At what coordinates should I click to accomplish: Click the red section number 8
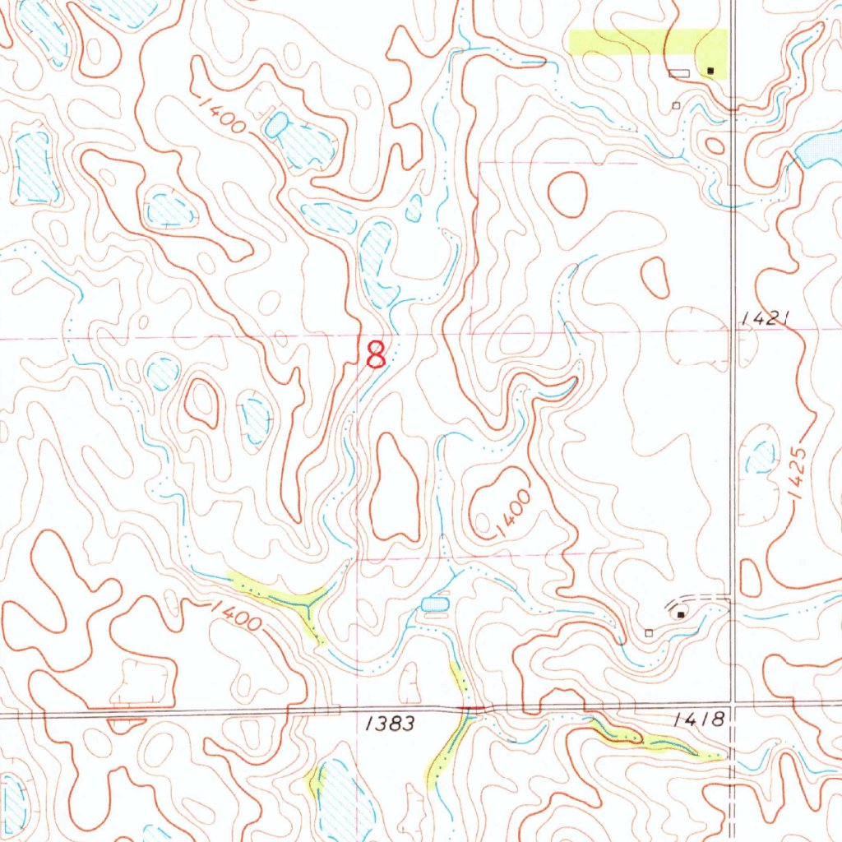pos(375,355)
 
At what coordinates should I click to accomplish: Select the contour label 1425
pos(797,476)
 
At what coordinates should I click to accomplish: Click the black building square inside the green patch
pos(710,72)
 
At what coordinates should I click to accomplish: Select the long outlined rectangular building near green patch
pos(678,74)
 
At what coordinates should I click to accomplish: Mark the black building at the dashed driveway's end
pos(680,613)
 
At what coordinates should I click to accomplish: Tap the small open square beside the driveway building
pos(649,633)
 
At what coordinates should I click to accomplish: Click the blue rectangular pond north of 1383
pos(434,604)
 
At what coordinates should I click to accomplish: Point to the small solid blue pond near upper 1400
pos(276,124)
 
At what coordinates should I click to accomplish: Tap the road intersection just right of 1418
pos(733,705)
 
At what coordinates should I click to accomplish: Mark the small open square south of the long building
pos(676,105)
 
